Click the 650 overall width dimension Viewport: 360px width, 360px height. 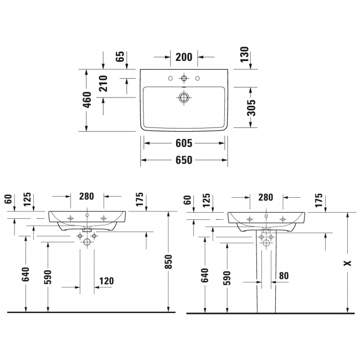pos(184,160)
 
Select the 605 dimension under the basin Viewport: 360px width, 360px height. pos(184,143)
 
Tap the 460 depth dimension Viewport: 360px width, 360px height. pos(88,100)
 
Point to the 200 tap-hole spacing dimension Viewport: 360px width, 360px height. pos(184,57)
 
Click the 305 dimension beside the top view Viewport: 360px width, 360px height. pos(252,107)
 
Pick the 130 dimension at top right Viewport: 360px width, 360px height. pos(244,54)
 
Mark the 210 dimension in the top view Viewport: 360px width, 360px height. pos(104,83)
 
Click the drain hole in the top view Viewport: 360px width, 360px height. pos(184,97)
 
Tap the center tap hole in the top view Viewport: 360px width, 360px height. pos(184,78)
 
